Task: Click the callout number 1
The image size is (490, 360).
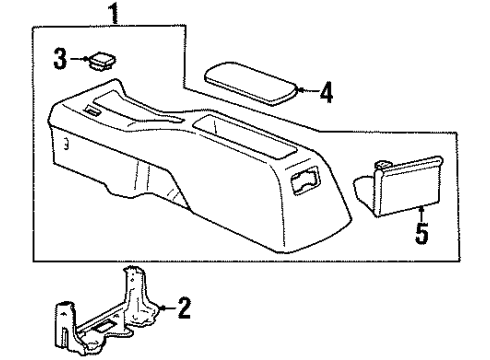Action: click(x=117, y=14)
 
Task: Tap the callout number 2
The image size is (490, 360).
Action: click(x=183, y=307)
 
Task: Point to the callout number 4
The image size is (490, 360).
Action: click(x=325, y=95)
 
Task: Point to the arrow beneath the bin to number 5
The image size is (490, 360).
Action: click(x=421, y=213)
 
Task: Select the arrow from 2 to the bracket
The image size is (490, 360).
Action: click(x=165, y=307)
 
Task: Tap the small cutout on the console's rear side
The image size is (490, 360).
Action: click(x=302, y=180)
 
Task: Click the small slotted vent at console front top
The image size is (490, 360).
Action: click(x=95, y=112)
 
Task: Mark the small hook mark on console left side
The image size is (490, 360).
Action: click(x=65, y=144)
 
